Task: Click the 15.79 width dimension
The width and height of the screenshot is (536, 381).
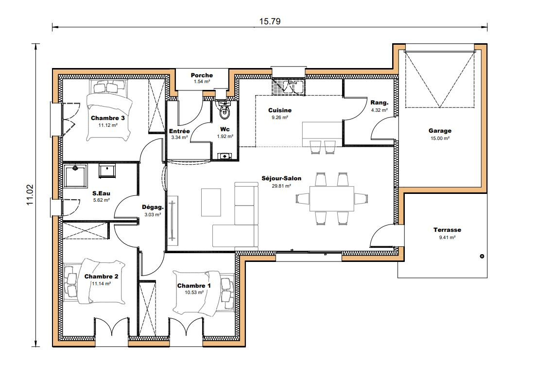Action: (x=270, y=21)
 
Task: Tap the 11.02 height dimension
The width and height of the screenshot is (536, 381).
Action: (x=30, y=194)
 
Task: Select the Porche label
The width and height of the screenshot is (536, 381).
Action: (x=202, y=75)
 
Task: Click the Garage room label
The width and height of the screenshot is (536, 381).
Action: (x=440, y=131)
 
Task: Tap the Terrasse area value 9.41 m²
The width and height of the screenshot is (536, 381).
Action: (x=447, y=238)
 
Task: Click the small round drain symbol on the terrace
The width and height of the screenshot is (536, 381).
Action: (x=482, y=256)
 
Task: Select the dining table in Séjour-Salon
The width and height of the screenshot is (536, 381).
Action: (x=331, y=199)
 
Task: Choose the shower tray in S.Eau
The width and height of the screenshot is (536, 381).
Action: (x=75, y=175)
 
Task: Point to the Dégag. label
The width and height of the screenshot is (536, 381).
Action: (x=153, y=207)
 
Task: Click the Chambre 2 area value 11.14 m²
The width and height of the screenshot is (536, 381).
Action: (x=101, y=284)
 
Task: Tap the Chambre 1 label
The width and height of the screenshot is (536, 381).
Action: (x=194, y=286)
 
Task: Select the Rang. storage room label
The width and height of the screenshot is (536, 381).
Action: (x=379, y=103)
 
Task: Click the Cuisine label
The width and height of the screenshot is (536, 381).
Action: (x=279, y=110)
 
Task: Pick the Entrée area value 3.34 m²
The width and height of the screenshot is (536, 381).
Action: (x=179, y=138)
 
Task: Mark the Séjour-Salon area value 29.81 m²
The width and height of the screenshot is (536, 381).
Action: (x=281, y=186)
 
